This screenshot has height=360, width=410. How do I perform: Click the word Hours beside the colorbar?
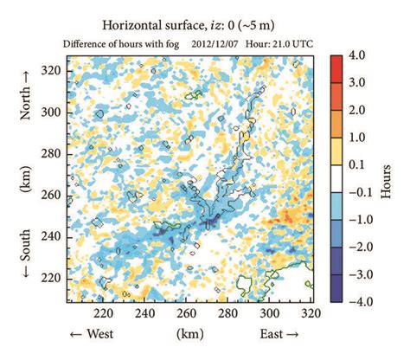(x=385, y=178)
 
